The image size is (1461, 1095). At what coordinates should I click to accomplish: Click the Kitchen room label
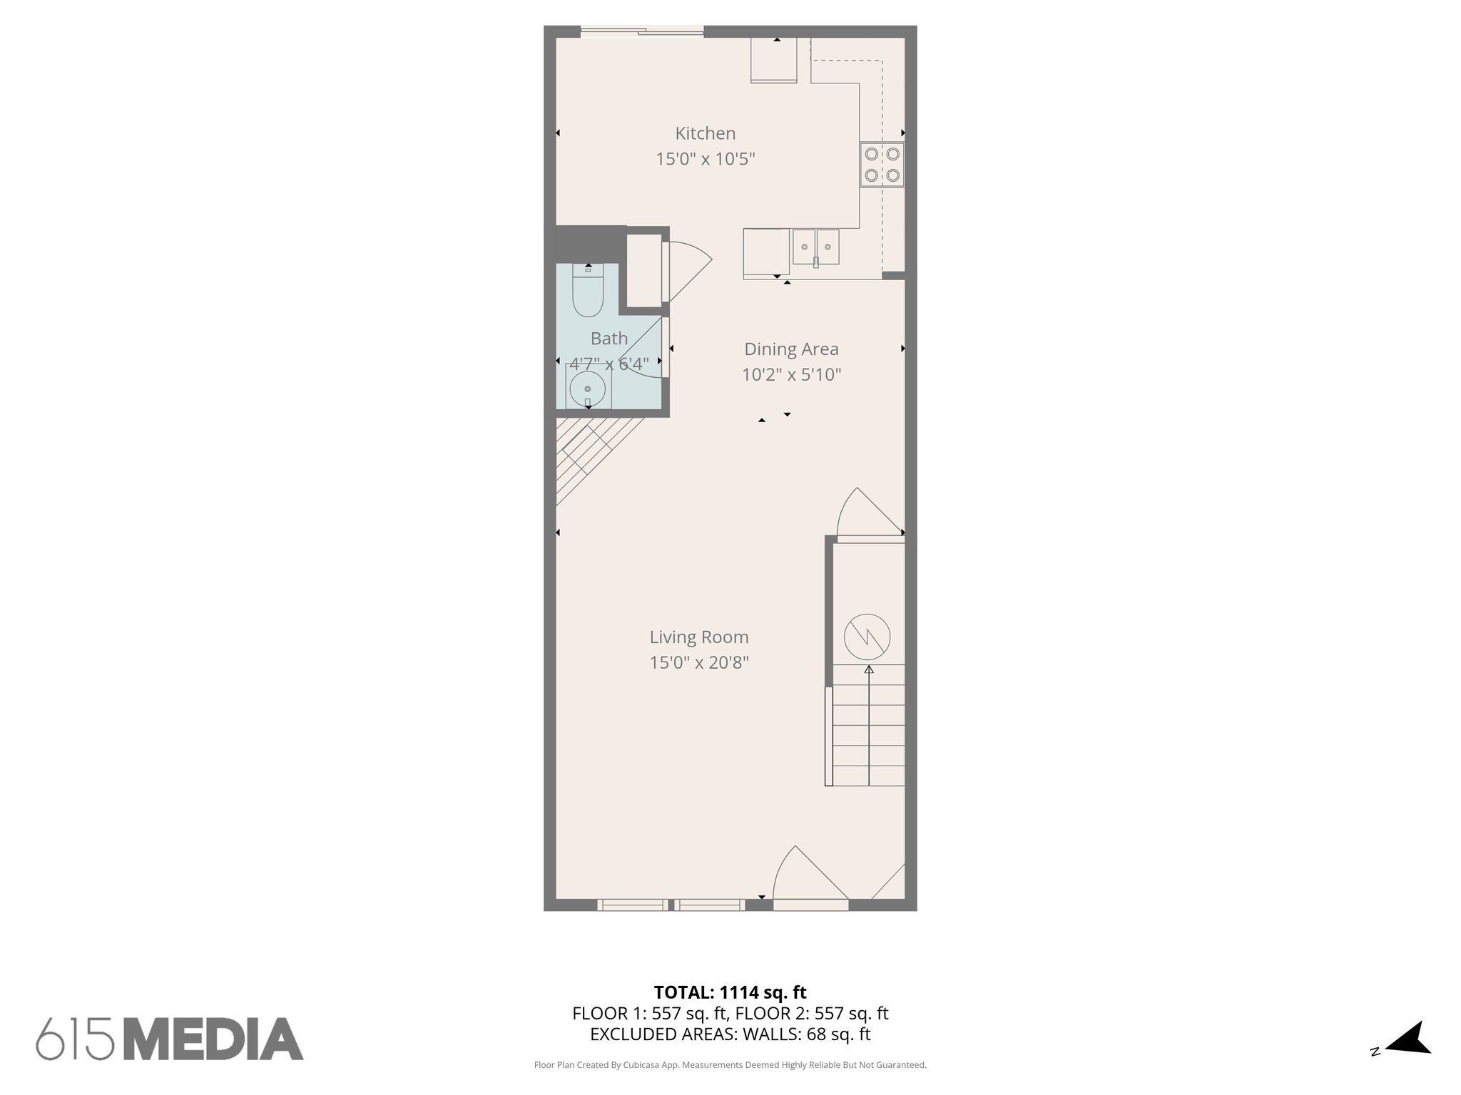(x=705, y=133)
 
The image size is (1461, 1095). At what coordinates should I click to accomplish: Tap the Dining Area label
(x=791, y=349)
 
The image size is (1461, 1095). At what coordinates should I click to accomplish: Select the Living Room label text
(x=698, y=637)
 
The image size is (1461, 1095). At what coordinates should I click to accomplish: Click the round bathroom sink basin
(x=588, y=389)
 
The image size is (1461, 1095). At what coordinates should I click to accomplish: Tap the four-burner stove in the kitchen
(x=882, y=164)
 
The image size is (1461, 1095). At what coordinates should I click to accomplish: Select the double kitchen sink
(x=815, y=247)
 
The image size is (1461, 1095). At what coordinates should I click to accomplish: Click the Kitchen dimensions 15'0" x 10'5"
(x=705, y=159)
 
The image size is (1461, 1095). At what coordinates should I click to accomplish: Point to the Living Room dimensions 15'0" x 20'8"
(x=698, y=663)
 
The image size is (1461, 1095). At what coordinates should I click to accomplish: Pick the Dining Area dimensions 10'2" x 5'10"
(x=791, y=375)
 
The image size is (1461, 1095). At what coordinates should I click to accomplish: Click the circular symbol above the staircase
(x=867, y=637)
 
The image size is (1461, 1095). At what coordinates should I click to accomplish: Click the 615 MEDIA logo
(x=170, y=1039)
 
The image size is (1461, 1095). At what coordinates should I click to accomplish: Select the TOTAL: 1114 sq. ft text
(x=730, y=992)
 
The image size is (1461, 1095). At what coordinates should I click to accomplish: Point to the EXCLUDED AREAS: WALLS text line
(x=730, y=1034)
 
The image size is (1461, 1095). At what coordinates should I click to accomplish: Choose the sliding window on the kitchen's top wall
(x=641, y=31)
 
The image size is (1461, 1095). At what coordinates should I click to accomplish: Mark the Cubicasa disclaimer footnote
(x=730, y=1065)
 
